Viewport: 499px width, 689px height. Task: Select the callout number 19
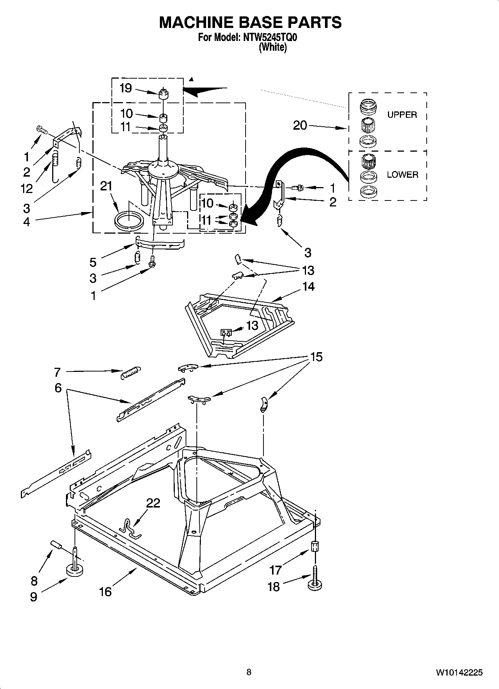click(126, 88)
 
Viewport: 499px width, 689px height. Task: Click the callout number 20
click(300, 125)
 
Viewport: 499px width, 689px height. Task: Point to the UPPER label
click(402, 115)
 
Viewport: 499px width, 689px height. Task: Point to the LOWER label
click(402, 174)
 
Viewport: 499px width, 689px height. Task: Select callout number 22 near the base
click(153, 503)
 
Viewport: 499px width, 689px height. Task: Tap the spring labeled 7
click(131, 372)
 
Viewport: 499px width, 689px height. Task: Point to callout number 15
click(316, 357)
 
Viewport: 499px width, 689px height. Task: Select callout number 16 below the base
click(105, 591)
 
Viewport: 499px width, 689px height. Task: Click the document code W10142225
click(459, 673)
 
